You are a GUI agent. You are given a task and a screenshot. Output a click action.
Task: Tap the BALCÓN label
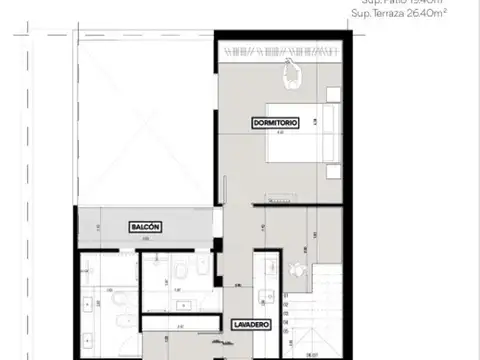tap(146, 228)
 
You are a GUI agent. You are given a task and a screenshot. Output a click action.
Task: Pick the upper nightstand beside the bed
tap(332, 95)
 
